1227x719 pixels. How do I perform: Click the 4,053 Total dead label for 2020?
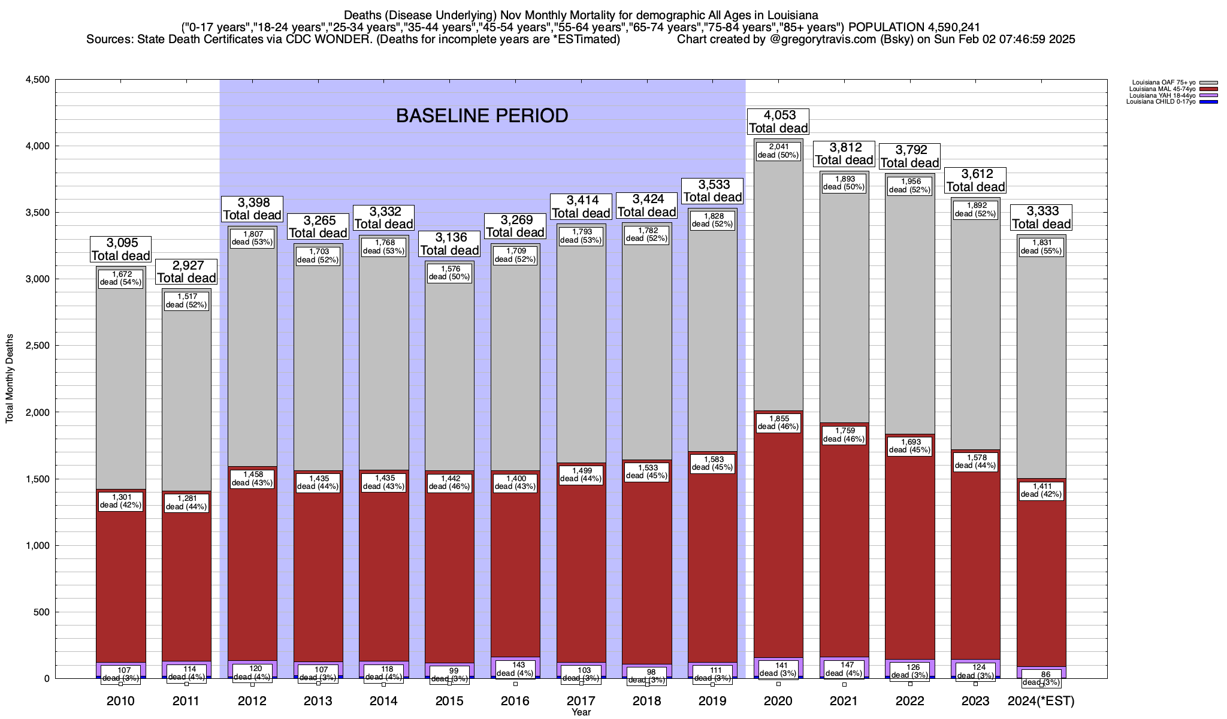778,121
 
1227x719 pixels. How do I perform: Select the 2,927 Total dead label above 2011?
186,271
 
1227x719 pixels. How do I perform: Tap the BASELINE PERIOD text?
482,116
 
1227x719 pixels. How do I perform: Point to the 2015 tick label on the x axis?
449,701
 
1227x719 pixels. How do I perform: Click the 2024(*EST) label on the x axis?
1041,701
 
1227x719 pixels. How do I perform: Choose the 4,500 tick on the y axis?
37,80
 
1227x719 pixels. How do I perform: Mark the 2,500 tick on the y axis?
37,346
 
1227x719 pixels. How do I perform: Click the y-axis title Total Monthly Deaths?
10,379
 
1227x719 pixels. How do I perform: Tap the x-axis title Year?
581,712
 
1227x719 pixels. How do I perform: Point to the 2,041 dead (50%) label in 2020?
778,150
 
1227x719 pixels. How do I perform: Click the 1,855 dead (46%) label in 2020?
778,423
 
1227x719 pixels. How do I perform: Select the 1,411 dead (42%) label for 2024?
1041,490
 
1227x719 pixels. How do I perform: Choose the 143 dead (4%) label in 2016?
515,669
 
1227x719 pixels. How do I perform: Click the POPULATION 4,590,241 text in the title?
914,27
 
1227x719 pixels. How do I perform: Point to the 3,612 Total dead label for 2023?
975,180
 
